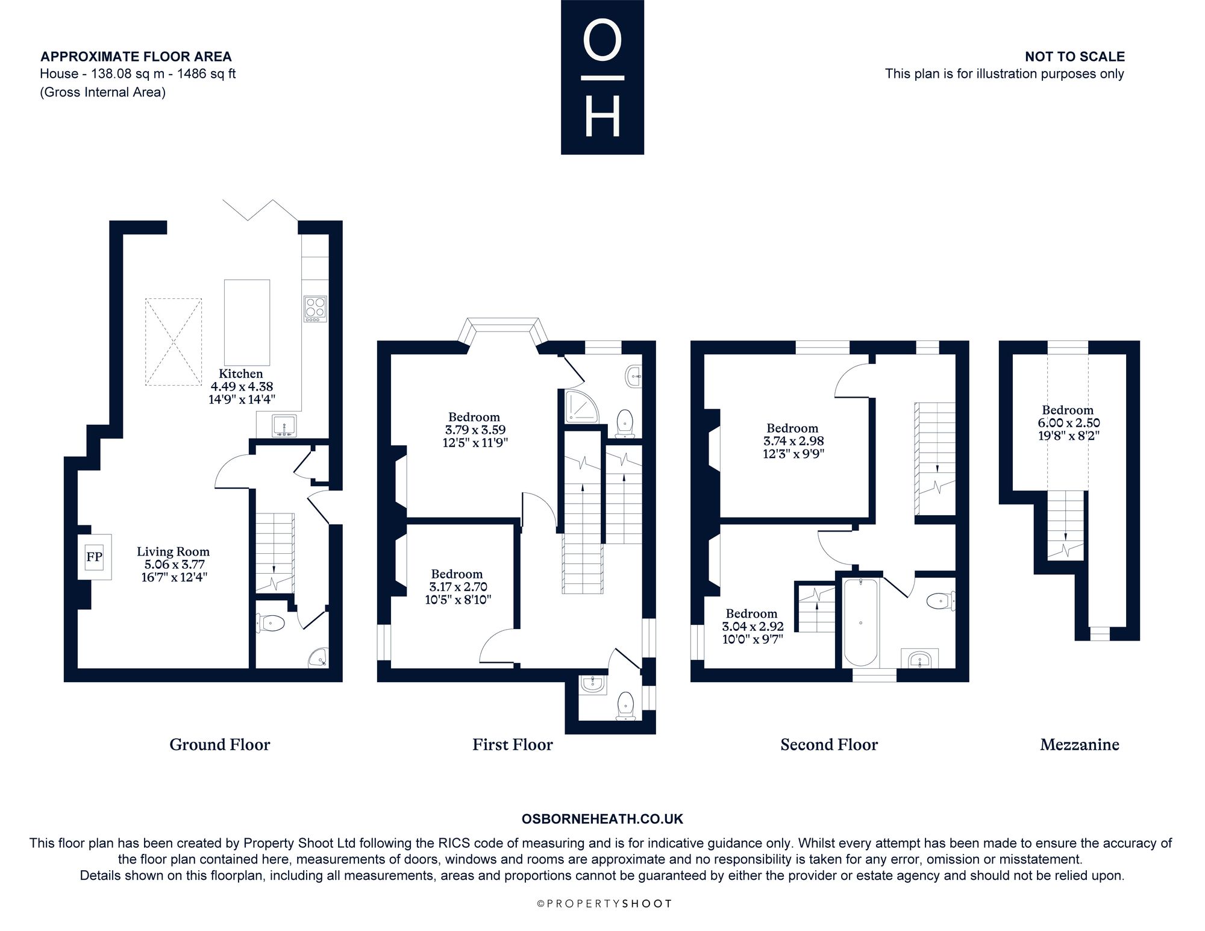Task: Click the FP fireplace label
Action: (x=94, y=557)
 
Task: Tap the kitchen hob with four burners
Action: (x=315, y=309)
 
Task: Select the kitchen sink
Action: (x=284, y=425)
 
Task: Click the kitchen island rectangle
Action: (x=247, y=322)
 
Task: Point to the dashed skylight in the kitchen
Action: (x=174, y=342)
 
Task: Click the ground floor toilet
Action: (x=271, y=623)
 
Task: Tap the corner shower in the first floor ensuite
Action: (x=582, y=404)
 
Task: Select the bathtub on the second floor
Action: (x=860, y=622)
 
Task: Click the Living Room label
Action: (x=173, y=551)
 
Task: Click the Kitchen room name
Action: (x=241, y=374)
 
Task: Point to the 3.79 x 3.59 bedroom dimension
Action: (x=475, y=430)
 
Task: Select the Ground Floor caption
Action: (x=220, y=745)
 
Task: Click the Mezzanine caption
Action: (x=1080, y=745)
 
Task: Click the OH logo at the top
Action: (x=602, y=77)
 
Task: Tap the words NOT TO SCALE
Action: (x=1075, y=57)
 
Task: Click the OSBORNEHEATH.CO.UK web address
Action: (x=602, y=819)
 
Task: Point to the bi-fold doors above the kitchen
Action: (x=260, y=210)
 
